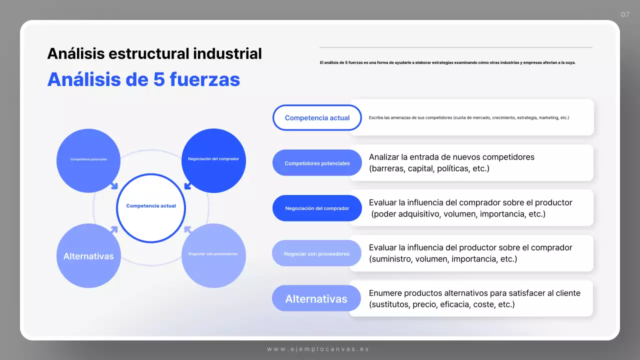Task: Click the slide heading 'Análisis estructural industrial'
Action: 154,53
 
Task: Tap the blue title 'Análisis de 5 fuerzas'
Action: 143,79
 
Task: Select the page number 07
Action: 625,14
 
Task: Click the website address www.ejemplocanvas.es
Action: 318,349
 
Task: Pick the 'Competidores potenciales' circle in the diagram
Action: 88,160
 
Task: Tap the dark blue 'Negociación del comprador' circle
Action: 213,160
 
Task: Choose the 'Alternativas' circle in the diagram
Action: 88,256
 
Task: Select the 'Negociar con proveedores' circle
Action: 213,255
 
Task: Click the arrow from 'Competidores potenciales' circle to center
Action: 114,186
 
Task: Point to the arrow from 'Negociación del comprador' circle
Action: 188,186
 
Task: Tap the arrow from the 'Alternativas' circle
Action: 114,229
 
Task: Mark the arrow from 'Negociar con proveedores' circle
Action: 188,229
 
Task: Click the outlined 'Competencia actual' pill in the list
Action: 317,118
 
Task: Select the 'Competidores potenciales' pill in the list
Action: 317,163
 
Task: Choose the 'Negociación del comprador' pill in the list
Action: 317,208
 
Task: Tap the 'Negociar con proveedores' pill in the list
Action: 317,253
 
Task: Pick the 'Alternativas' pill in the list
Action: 316,298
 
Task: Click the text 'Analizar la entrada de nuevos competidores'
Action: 451,157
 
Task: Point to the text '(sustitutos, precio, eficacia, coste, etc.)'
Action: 441,304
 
